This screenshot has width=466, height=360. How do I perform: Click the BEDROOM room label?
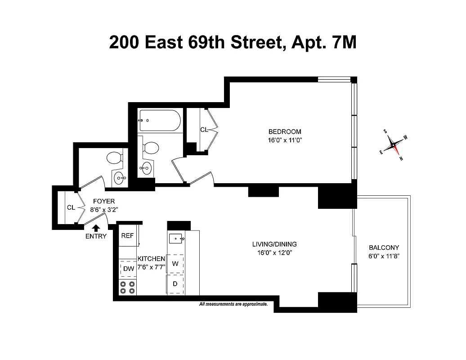pyautogui.click(x=284, y=132)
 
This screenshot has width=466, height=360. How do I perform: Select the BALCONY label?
pyautogui.click(x=384, y=247)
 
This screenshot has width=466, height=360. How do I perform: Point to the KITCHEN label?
pyautogui.click(x=151, y=259)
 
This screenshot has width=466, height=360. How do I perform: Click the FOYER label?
pyautogui.click(x=104, y=202)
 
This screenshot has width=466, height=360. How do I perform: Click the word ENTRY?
pyautogui.click(x=96, y=236)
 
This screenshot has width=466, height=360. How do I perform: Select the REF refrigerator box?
pyautogui.click(x=128, y=236)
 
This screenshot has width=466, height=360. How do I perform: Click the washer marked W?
pyautogui.click(x=175, y=264)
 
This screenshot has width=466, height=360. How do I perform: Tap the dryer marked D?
pyautogui.click(x=175, y=284)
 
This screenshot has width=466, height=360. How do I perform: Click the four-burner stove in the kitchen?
pyautogui.click(x=128, y=287)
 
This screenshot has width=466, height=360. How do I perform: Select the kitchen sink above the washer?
pyautogui.click(x=175, y=238)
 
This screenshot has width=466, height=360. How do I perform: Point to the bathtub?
pyautogui.click(x=160, y=121)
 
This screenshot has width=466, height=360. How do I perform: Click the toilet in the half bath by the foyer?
pyautogui.click(x=114, y=158)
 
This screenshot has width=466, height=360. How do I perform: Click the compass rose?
pyautogui.click(x=394, y=145)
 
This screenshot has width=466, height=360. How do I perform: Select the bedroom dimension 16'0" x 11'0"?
pyautogui.click(x=284, y=140)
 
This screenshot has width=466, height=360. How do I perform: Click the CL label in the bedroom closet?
pyautogui.click(x=204, y=130)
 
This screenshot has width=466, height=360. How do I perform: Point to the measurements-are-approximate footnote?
pyautogui.click(x=233, y=304)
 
